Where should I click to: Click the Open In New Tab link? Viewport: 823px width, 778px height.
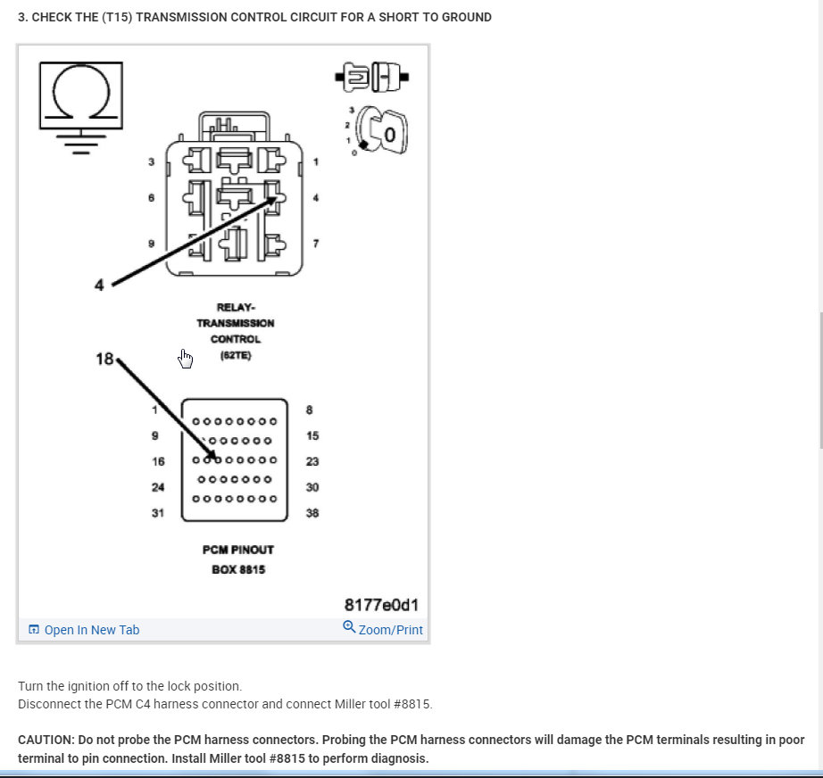pos(91,630)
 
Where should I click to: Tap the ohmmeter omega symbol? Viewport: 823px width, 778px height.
pos(80,95)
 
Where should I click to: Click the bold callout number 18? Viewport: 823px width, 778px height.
pos(104,359)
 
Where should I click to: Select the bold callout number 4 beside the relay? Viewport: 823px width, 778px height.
pos(99,285)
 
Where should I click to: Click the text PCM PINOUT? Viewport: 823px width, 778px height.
pos(237,550)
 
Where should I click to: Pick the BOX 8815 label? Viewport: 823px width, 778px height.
pos(237,569)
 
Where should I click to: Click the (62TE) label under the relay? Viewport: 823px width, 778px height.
pos(236,355)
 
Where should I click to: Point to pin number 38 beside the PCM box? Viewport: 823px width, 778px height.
pos(312,513)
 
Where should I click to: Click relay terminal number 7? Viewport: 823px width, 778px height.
pos(315,244)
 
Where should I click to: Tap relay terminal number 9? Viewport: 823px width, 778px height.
pos(152,244)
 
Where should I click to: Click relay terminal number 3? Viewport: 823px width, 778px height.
pos(152,162)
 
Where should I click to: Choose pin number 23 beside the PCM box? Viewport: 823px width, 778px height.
pos(312,462)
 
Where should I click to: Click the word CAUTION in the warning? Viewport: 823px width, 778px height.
pos(46,740)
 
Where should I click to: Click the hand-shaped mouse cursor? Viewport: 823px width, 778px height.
pos(186,359)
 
